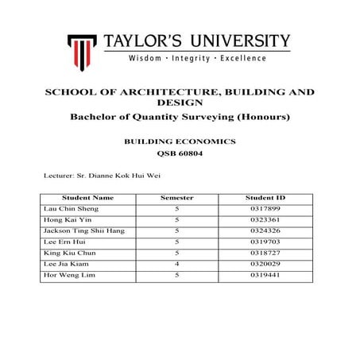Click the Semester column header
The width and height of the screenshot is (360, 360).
[176, 196]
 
